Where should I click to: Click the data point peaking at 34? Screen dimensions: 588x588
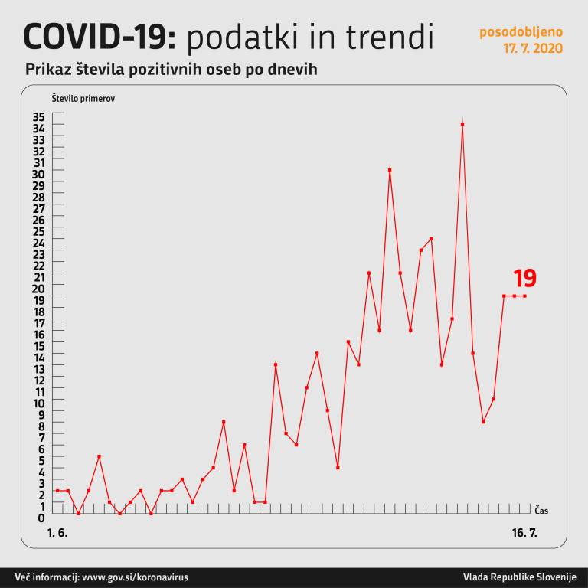point(462,124)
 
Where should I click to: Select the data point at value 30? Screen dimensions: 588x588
point(390,170)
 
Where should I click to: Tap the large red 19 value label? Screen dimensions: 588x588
point(524,279)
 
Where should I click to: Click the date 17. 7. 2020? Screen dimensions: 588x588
point(532,48)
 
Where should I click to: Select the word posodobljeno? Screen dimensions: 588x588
point(521,32)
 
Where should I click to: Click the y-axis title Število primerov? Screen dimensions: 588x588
point(83,99)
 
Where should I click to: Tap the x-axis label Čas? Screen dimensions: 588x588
point(541,510)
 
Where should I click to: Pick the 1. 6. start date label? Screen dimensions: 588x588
point(57,532)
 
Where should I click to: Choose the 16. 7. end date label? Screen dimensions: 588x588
point(524,532)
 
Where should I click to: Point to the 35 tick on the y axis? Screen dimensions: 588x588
point(38,117)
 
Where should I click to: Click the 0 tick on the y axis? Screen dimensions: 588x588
point(41,518)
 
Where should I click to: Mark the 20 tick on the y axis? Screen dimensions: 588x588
point(38,289)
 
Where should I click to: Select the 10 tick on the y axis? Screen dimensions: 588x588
point(38,403)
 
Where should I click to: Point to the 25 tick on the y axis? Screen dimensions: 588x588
point(38,231)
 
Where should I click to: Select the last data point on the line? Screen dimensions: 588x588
point(524,296)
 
